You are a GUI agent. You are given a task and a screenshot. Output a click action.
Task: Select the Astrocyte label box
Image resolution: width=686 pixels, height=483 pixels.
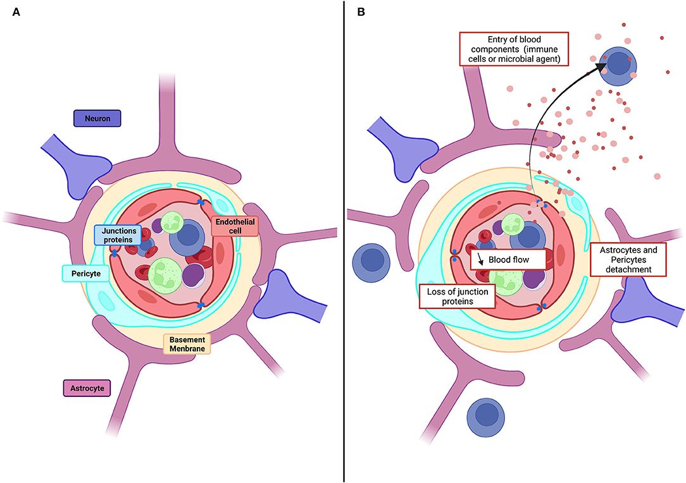point(87,387)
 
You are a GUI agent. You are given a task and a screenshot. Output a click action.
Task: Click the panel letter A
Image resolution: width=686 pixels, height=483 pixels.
point(16,12)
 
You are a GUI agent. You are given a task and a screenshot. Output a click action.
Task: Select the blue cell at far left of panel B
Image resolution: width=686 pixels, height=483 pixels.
point(373,260)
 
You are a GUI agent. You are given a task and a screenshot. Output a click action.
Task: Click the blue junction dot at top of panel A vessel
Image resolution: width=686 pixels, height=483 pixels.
point(201,202)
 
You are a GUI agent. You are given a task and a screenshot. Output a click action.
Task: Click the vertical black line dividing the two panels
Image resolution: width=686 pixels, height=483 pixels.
point(344,240)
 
